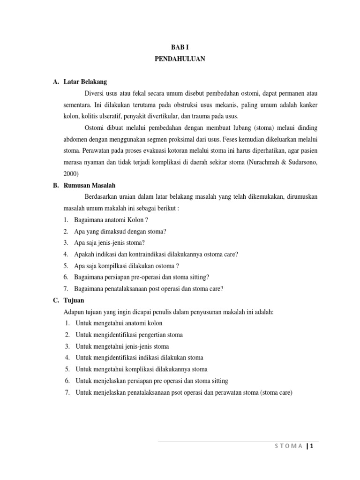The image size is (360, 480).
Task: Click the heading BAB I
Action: pyautogui.click(x=180, y=47)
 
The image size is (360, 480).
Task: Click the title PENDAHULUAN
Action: pyautogui.click(x=180, y=59)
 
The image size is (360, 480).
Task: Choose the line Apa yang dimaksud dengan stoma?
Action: pyautogui.click(x=120, y=231)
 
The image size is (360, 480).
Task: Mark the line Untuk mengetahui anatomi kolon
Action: pyautogui.click(x=119, y=323)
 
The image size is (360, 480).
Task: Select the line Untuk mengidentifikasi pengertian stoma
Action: pyautogui.click(x=129, y=335)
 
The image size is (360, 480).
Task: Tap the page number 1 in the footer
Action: pyautogui.click(x=311, y=446)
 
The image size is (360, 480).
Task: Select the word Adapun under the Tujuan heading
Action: pyautogui.click(x=74, y=312)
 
